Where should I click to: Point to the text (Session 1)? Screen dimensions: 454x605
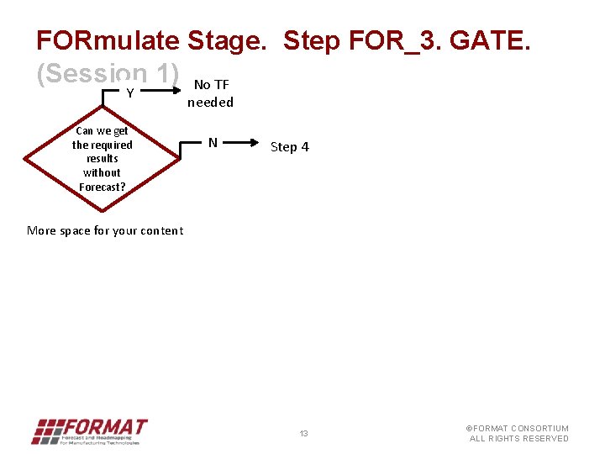click(107, 74)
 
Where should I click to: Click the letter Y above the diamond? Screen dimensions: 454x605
click(130, 93)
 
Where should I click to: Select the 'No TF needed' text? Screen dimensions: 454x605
click(210, 93)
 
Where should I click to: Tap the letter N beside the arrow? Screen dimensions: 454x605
click(213, 143)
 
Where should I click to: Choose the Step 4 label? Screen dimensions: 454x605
click(289, 147)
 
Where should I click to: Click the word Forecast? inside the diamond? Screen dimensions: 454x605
click(102, 187)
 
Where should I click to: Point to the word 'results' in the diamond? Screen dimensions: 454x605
click(102, 158)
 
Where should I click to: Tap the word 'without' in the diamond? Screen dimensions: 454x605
click(102, 172)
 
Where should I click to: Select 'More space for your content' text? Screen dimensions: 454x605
click(105, 230)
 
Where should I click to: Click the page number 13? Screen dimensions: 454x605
click(304, 434)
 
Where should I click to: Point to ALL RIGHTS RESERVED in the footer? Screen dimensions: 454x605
click(518, 439)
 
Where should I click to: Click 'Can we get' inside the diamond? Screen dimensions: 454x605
click(102, 130)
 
